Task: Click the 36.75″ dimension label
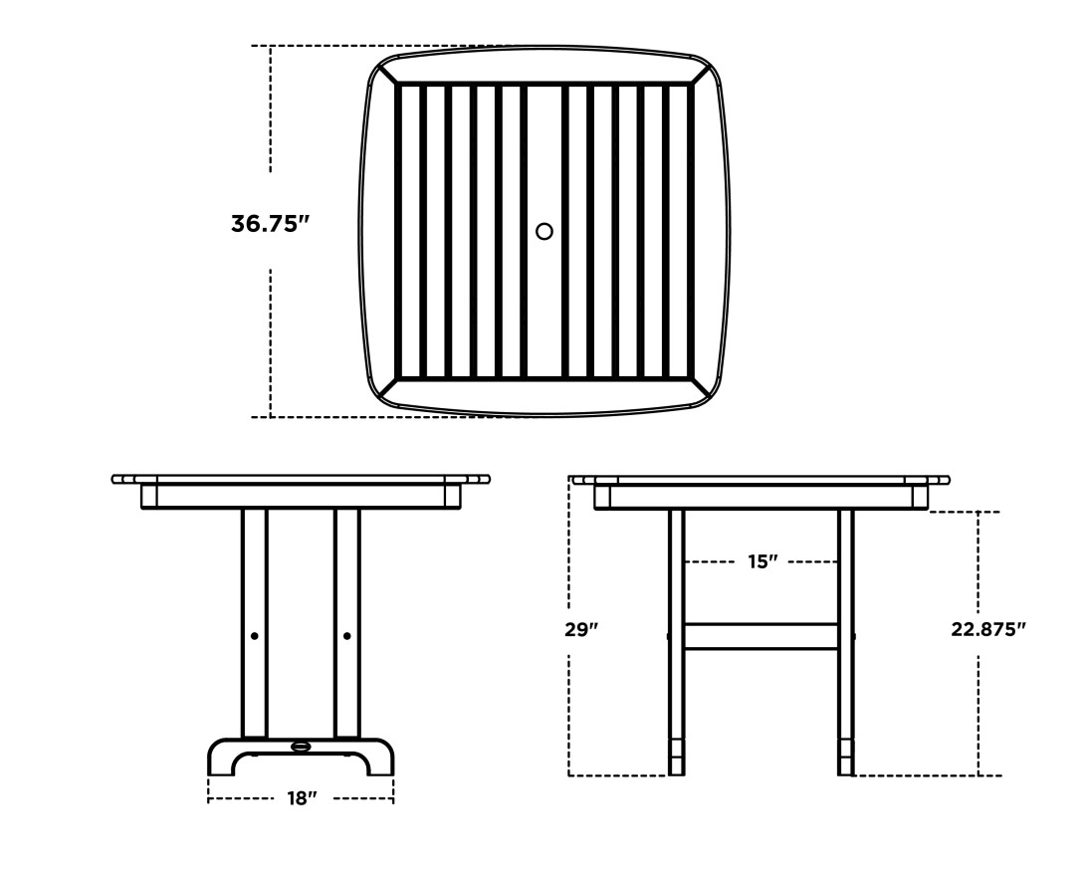coord(270,224)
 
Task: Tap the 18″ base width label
coord(301,798)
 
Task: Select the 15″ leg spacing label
coord(762,561)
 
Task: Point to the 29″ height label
coord(581,629)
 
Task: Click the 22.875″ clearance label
coord(987,629)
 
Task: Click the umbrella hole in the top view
coord(544,231)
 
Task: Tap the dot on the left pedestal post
coord(255,636)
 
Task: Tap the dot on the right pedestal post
coord(346,636)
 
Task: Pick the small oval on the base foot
coord(301,747)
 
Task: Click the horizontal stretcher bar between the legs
coord(761,636)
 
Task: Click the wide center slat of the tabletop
coord(544,299)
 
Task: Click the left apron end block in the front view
coord(149,496)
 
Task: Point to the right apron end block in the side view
coord(920,497)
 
